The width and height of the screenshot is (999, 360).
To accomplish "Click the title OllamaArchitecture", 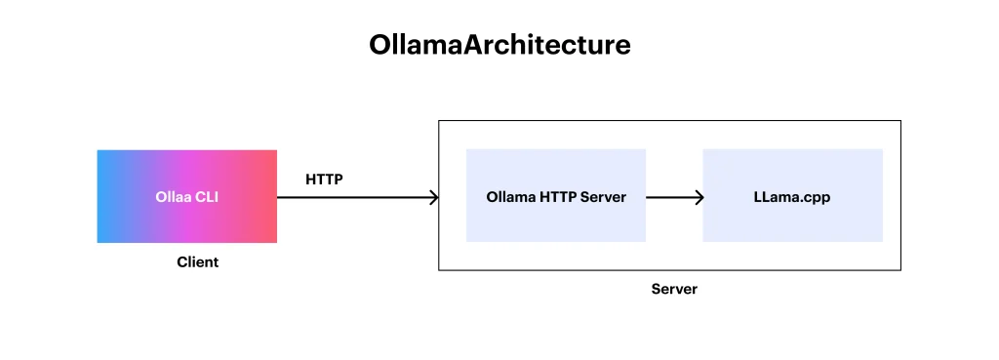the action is pos(499,45).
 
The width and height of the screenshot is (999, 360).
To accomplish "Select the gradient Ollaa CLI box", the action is pos(186,196).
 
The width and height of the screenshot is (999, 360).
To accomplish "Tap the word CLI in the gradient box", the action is pos(207,197).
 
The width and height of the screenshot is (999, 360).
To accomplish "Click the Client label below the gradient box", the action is pos(197,261).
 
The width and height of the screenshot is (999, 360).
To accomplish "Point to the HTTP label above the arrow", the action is pos(324,180).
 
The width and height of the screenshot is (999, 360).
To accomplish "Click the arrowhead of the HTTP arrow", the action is pos(434,197).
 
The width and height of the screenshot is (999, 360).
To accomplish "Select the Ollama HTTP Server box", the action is pos(556,196).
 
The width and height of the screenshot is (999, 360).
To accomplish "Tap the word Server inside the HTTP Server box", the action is pos(603,197).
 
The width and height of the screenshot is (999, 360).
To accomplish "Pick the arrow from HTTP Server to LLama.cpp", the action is pos(675,197).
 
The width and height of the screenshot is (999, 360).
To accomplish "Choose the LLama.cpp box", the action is pos(792,196).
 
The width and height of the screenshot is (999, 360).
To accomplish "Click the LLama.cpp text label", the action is pos(792,197).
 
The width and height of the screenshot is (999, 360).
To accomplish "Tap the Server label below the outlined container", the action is pos(674,290).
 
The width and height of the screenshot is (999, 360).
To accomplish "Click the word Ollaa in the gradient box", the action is pos(174,197).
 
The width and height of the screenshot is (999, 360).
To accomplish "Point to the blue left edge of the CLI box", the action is pos(99,196).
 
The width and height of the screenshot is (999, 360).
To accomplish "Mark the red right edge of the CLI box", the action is pos(275,196).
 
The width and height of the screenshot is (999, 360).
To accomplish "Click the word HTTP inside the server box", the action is pos(558,197).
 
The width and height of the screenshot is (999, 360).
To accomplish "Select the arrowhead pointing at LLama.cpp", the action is pos(699,197).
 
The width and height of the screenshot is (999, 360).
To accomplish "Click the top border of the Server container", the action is pos(669,120).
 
